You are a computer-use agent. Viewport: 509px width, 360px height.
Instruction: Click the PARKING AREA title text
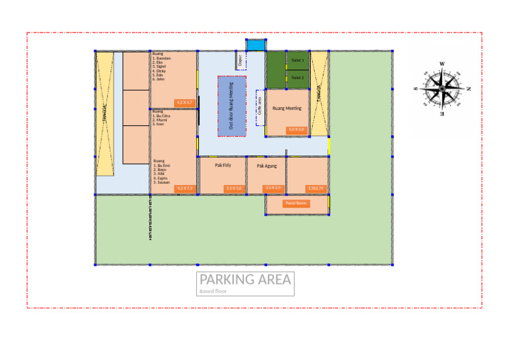(x=245, y=279)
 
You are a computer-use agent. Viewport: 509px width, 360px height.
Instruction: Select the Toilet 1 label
(x=298, y=60)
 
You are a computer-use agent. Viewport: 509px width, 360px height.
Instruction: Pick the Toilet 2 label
(x=298, y=78)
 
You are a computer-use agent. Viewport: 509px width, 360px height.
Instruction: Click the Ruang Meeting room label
(x=287, y=107)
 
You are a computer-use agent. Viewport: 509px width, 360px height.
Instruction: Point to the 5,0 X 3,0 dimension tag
(x=296, y=129)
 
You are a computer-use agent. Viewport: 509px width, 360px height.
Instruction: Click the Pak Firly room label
(x=223, y=165)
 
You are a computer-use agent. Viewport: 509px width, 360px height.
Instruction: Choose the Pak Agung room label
(x=266, y=166)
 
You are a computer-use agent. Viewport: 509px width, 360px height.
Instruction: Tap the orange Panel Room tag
(x=296, y=204)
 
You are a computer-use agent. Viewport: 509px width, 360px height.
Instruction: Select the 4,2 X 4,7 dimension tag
(x=184, y=103)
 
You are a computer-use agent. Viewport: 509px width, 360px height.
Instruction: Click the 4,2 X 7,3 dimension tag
(x=184, y=189)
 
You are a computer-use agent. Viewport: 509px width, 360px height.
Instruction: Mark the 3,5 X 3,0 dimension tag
(x=233, y=189)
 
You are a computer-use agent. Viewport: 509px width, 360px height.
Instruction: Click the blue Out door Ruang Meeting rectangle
(x=232, y=106)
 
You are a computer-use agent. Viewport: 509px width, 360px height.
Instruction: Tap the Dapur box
(x=240, y=62)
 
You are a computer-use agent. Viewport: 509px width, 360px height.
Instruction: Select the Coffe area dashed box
(x=260, y=107)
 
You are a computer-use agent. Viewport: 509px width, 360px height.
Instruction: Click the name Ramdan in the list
(x=163, y=58)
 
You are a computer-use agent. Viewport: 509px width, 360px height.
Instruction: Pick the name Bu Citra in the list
(x=163, y=116)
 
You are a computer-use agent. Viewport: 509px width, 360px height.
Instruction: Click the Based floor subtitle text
(x=213, y=290)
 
